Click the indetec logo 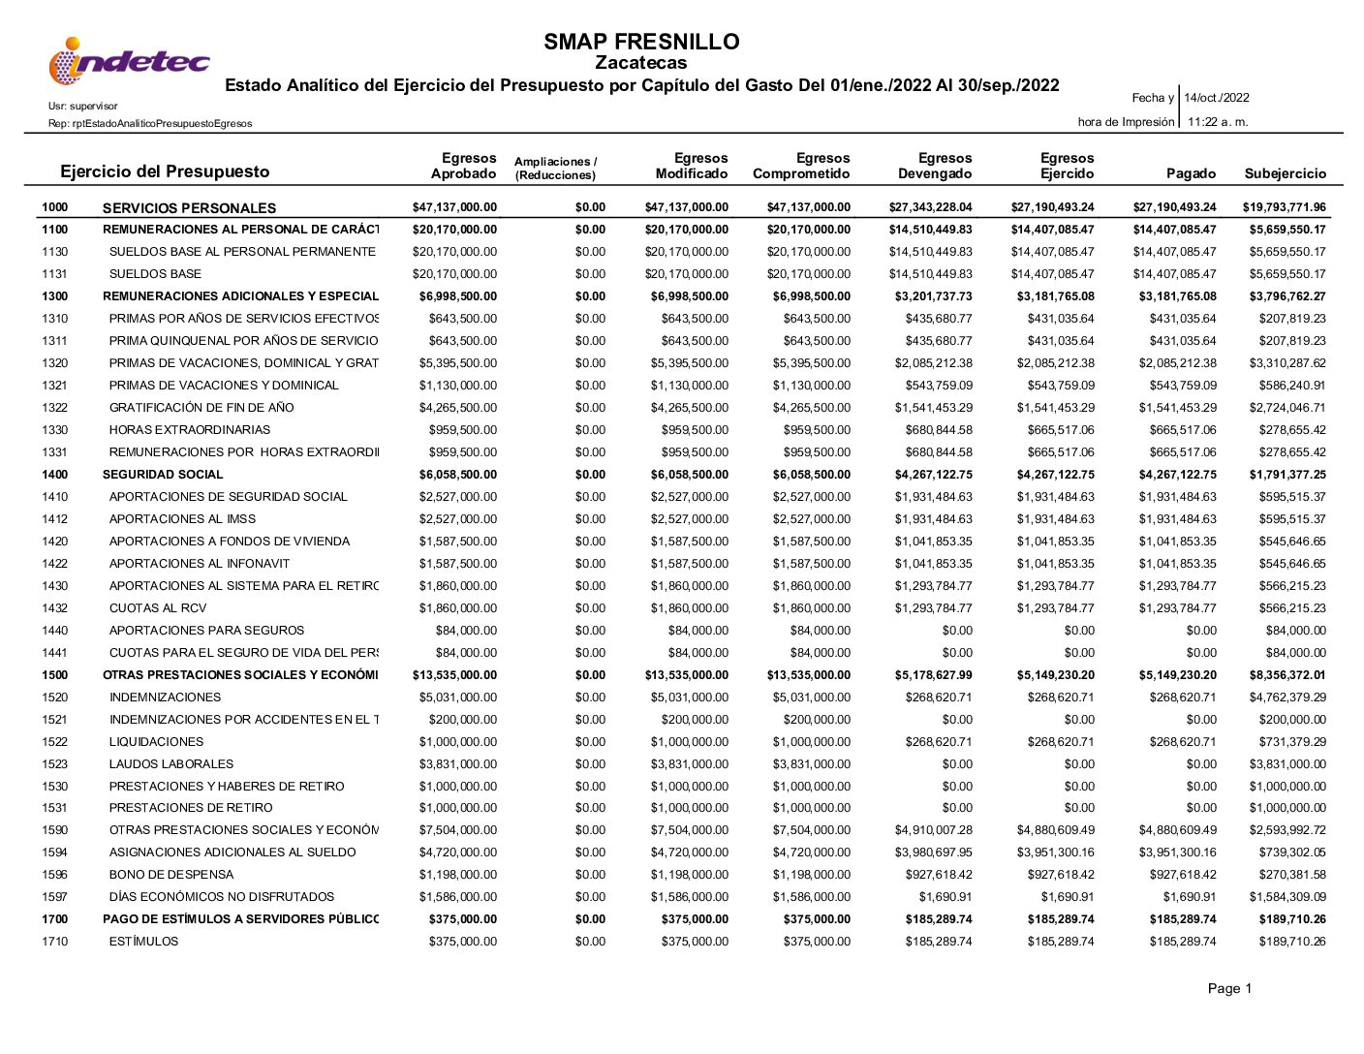129,62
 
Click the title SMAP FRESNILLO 641,42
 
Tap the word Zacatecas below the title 641,63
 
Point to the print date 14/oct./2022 1217,98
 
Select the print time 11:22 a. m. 1218,122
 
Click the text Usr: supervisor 82,106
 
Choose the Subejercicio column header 1285,173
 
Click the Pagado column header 1191,173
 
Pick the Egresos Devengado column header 935,166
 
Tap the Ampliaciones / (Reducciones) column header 556,168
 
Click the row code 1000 55,207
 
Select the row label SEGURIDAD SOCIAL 163,475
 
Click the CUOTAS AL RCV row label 158,608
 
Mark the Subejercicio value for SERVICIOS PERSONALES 1284,207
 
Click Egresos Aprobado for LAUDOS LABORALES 457,764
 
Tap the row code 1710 55,942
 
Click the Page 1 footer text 1229,989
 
